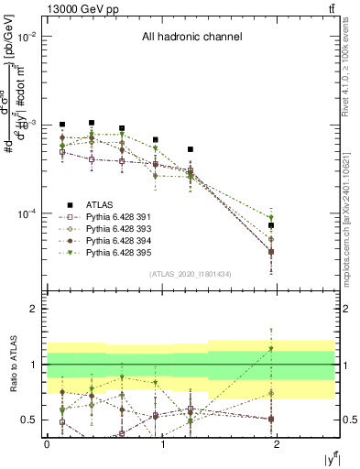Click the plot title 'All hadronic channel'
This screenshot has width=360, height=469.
(x=191, y=37)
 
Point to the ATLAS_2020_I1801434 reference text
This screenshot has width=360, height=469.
(x=190, y=274)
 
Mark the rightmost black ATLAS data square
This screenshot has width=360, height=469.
(x=271, y=225)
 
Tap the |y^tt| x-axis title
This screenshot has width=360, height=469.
(x=331, y=458)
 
